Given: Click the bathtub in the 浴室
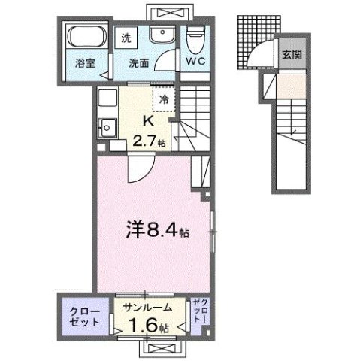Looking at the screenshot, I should (85, 37).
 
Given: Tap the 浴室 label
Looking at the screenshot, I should (85, 65).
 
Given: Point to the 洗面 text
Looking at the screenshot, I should (138, 65).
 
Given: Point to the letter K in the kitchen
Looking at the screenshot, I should (149, 123).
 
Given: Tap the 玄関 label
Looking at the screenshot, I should (292, 54).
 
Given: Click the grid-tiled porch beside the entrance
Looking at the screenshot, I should (250, 38).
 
